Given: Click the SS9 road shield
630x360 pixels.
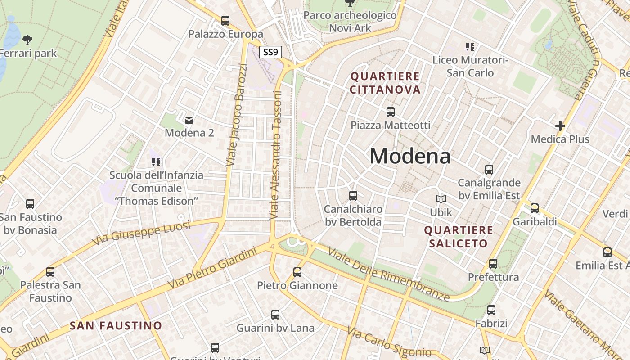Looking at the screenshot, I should point(270,52).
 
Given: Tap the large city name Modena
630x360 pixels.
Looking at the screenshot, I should point(410,156).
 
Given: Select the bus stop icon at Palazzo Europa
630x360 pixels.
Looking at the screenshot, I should point(225,21).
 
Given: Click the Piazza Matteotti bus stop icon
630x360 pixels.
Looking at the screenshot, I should point(390,112).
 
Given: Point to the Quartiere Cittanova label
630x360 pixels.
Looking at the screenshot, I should point(385,83).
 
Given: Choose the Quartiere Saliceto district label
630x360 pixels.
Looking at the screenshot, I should point(459,237).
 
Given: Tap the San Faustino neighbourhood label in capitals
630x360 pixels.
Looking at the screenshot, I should point(116,325).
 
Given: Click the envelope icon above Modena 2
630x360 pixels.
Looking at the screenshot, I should point(189,120).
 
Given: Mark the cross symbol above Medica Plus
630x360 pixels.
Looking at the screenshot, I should point(560,126).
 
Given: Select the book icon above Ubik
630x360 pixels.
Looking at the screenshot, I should point(441,199).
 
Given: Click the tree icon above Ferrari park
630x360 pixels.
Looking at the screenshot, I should point(27,40).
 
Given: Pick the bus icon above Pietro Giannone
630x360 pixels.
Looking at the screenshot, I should point(297,272).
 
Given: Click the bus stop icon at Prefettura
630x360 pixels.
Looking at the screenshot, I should point(493,264).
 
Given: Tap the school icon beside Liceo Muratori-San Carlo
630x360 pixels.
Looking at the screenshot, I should point(470,46).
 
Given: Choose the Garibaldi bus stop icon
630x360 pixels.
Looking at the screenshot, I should point(534,208).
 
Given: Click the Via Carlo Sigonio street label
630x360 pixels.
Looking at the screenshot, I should point(389,343).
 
